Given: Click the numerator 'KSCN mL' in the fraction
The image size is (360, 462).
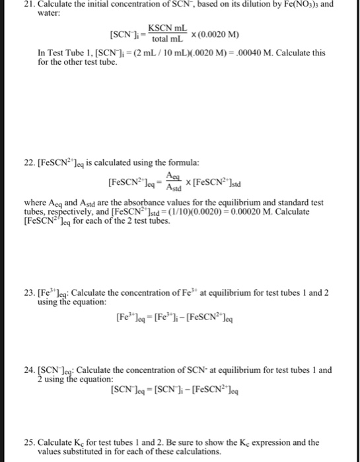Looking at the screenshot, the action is [169, 28].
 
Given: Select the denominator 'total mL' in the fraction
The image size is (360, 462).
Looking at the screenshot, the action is [169, 39].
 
